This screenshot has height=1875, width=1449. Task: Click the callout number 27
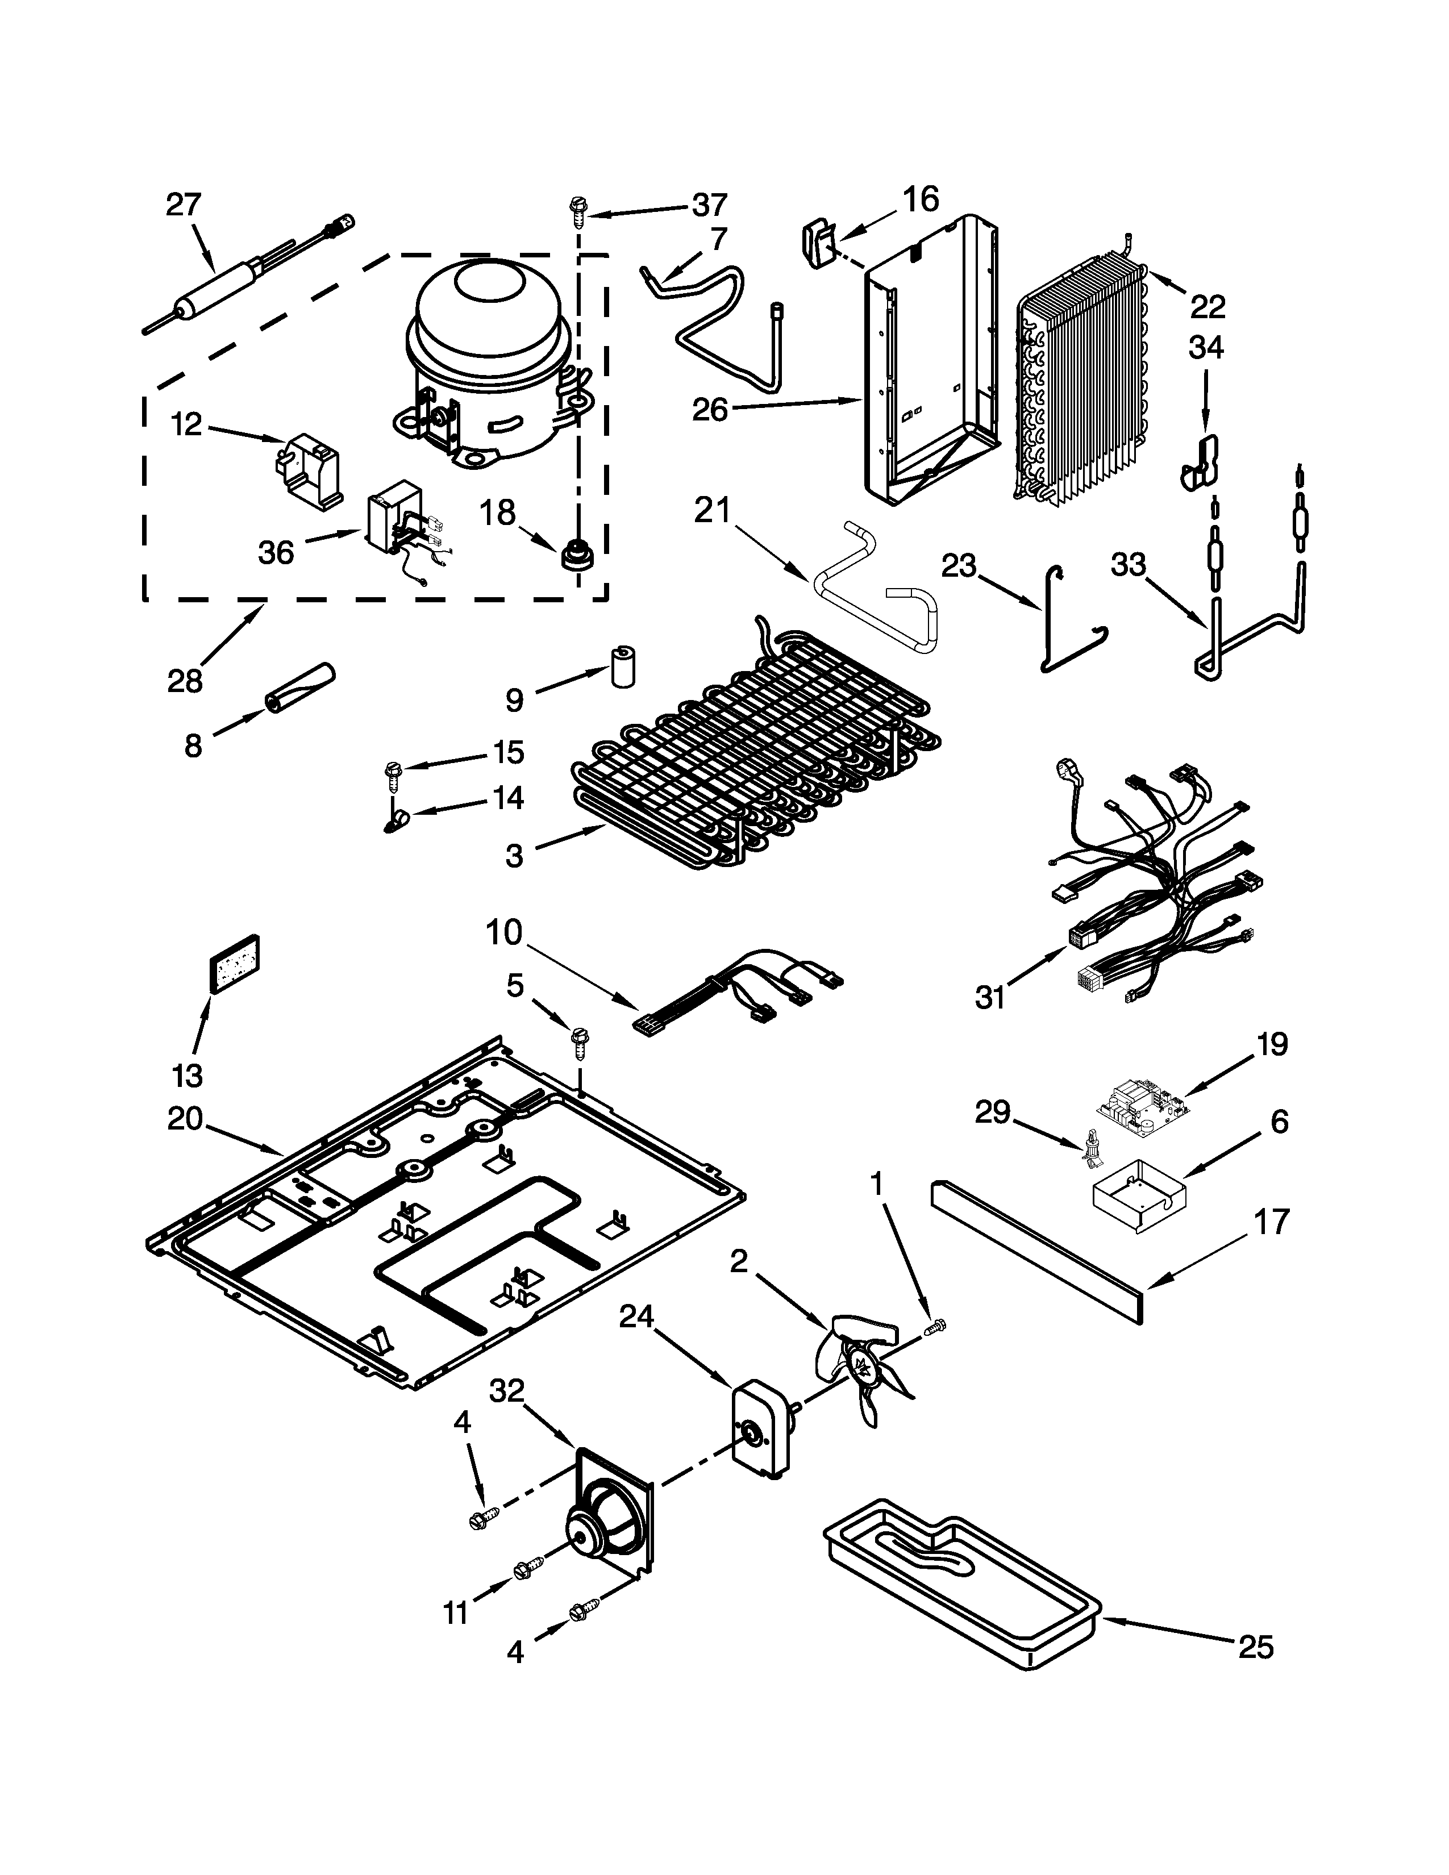(x=183, y=205)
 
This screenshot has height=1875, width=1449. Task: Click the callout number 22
(x=1207, y=306)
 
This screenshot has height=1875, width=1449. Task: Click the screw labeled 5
(x=578, y=1045)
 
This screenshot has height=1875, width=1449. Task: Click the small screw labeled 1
(x=936, y=1327)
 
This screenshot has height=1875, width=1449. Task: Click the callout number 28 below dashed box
(x=185, y=681)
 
